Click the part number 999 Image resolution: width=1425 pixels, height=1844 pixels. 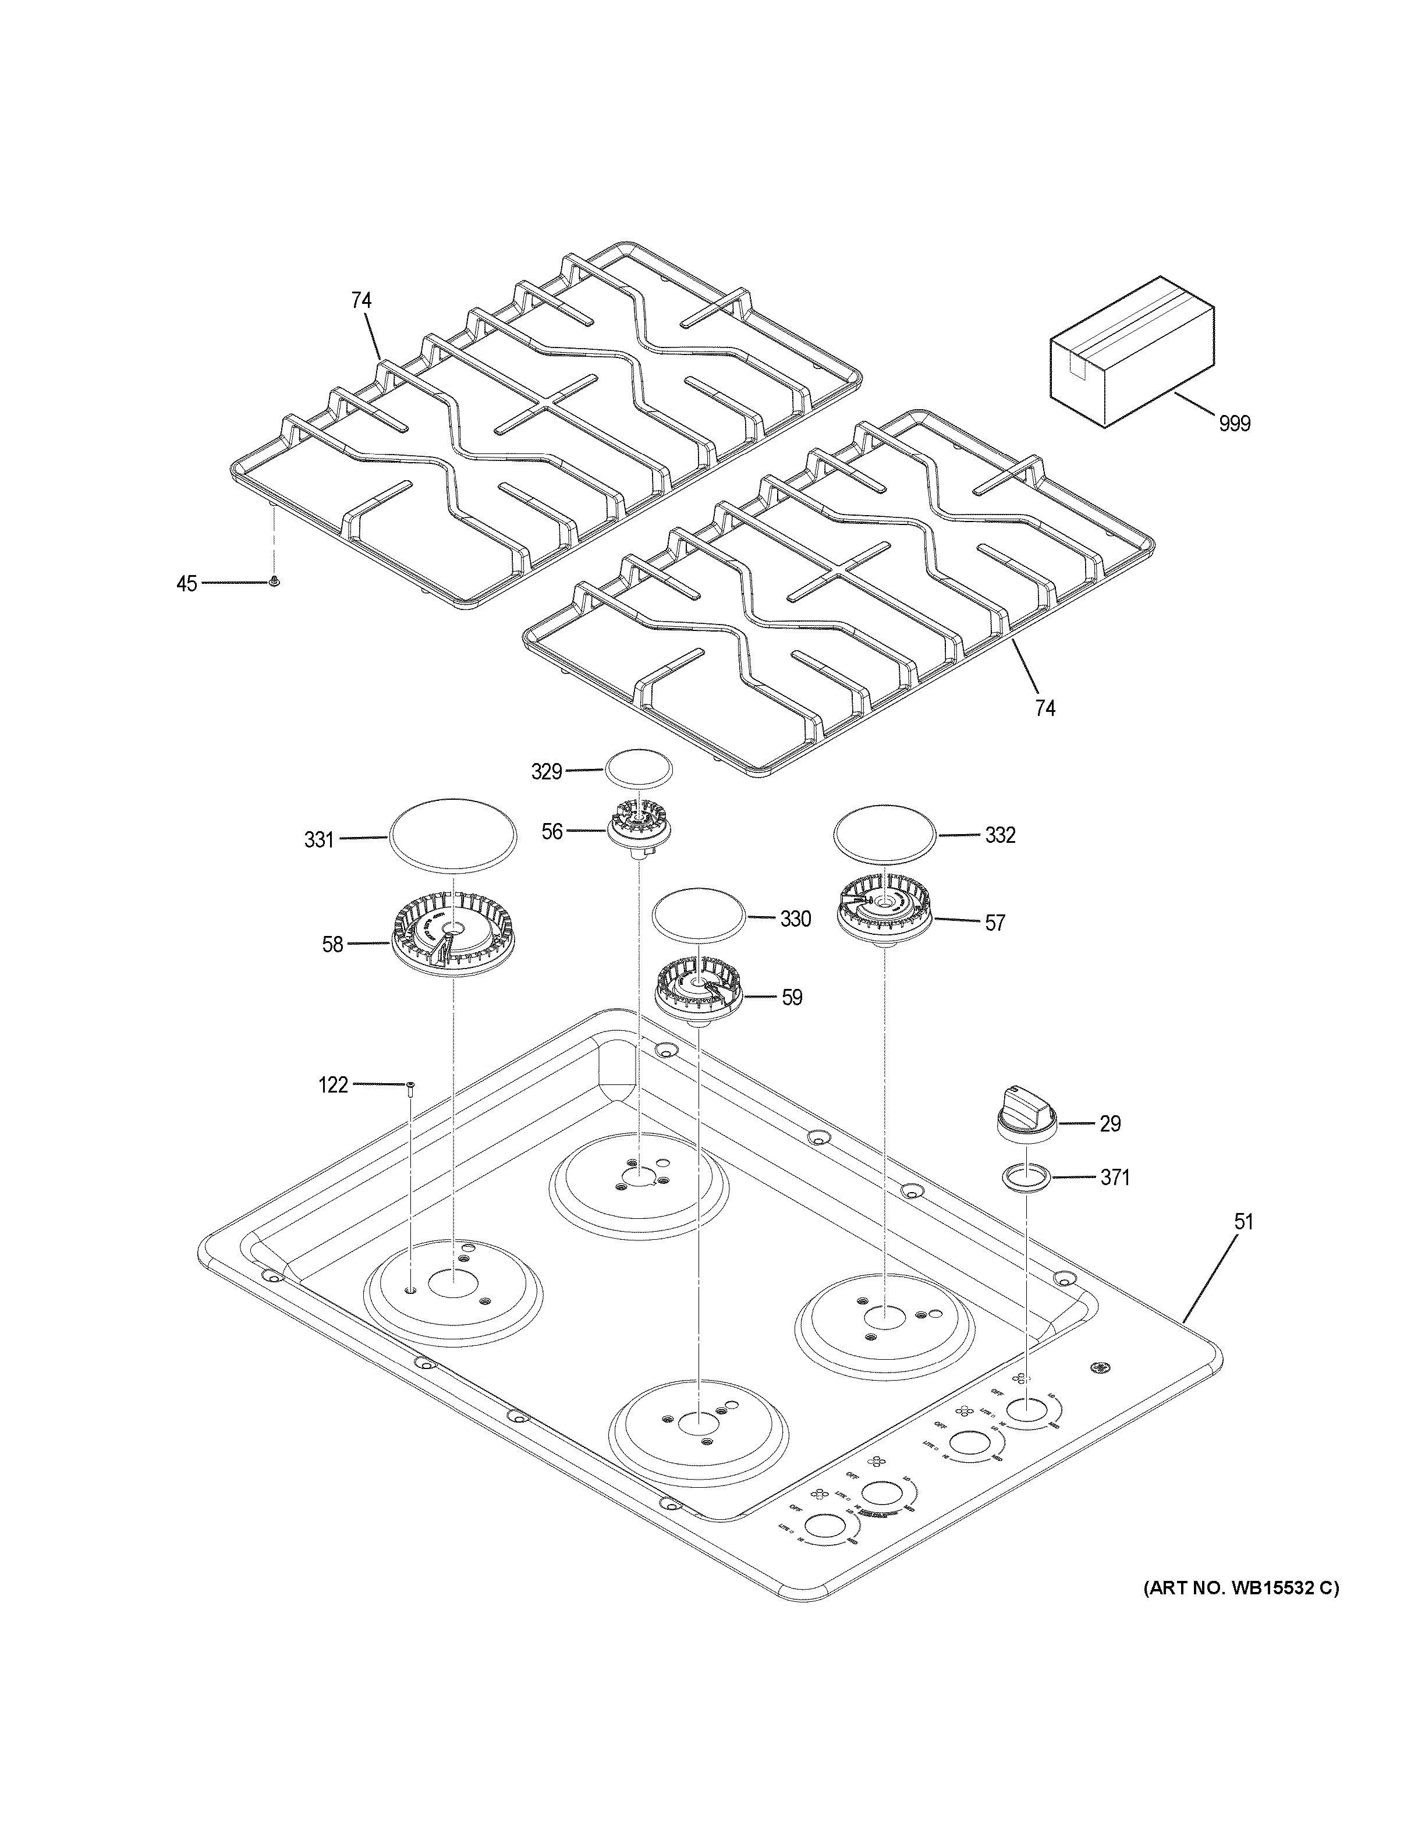1234,424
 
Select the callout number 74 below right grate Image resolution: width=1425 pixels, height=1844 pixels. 1045,708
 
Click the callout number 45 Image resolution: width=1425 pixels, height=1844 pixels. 187,583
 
